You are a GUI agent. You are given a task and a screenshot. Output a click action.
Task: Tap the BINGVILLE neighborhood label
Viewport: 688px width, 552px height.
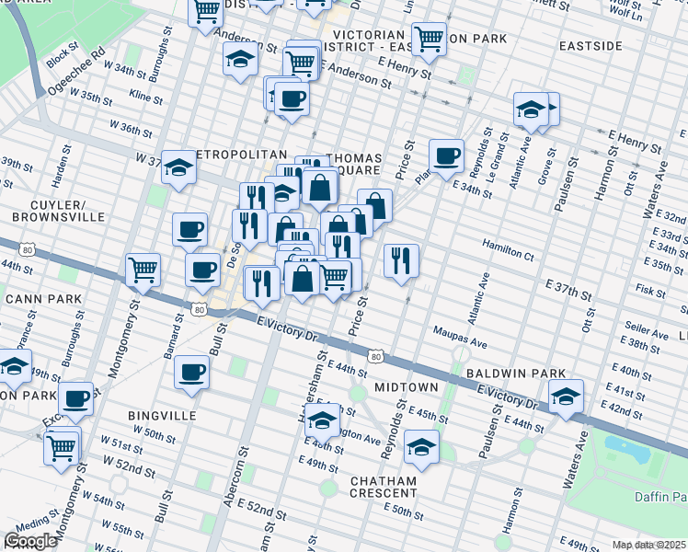[162, 416]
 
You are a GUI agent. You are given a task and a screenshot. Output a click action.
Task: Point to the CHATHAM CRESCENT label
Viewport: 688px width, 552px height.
[383, 487]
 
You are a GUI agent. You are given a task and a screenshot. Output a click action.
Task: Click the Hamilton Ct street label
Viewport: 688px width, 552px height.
[507, 249]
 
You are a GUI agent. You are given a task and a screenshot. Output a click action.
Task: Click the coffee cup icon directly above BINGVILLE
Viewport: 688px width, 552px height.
[192, 373]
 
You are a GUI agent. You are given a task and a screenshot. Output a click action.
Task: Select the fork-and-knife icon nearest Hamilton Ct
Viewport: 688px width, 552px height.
[401, 260]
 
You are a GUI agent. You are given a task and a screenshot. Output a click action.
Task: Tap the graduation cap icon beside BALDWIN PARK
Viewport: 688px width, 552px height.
[566, 397]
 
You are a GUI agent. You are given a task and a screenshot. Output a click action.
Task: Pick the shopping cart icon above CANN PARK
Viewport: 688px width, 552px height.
[143, 270]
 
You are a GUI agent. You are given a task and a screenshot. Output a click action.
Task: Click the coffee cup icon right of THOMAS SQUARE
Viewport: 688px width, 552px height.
[447, 155]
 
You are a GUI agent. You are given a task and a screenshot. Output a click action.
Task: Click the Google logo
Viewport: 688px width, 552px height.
[30, 541]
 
